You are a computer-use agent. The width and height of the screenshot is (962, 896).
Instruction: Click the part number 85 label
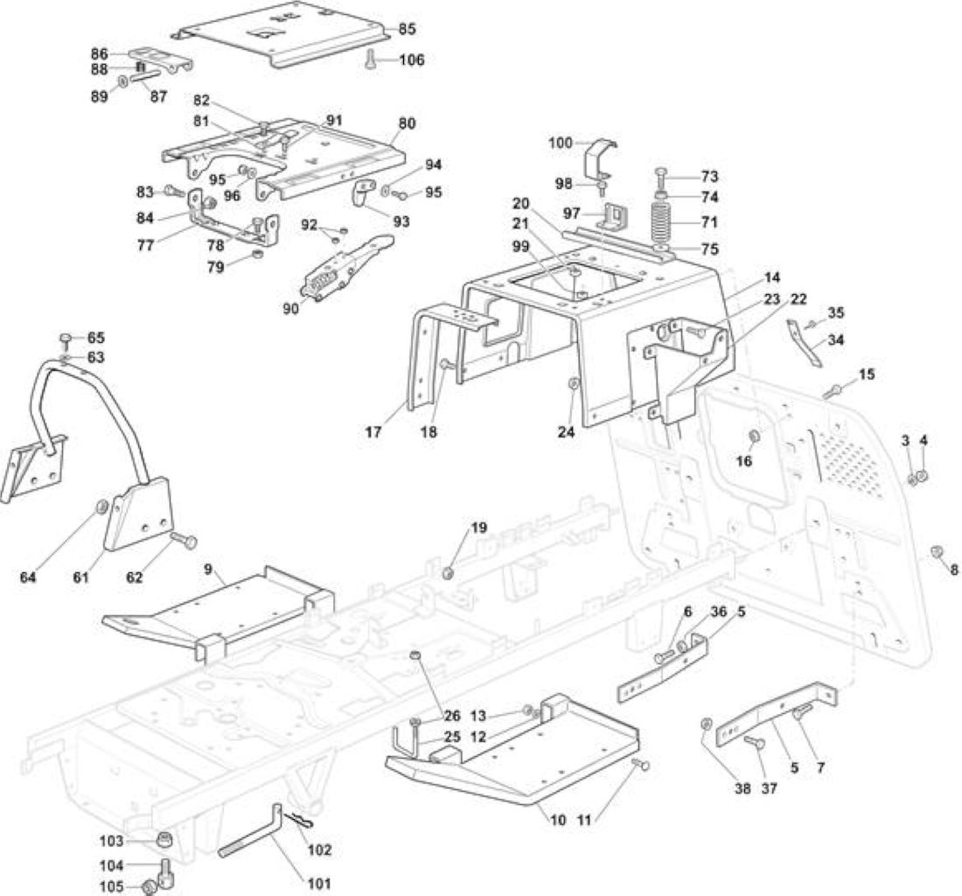[x=408, y=29]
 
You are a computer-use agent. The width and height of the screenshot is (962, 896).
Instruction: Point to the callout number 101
[x=319, y=884]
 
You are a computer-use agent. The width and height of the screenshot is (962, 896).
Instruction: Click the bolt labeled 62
[x=182, y=541]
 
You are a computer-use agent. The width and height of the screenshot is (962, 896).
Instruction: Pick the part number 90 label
[x=291, y=308]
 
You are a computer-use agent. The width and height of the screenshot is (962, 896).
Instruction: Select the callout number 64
[x=28, y=577]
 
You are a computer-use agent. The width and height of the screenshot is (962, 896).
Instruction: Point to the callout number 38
[x=743, y=788]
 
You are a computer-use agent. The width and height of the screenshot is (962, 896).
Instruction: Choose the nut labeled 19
[x=448, y=572]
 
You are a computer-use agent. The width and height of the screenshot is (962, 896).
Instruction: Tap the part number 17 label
[x=373, y=432]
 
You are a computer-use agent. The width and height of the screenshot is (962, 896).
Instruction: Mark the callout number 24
[x=567, y=432]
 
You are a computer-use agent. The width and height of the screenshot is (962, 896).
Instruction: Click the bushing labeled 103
[x=163, y=839]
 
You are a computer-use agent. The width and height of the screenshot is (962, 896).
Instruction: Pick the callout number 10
[x=558, y=820]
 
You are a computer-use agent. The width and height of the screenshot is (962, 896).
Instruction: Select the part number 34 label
[x=835, y=339]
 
